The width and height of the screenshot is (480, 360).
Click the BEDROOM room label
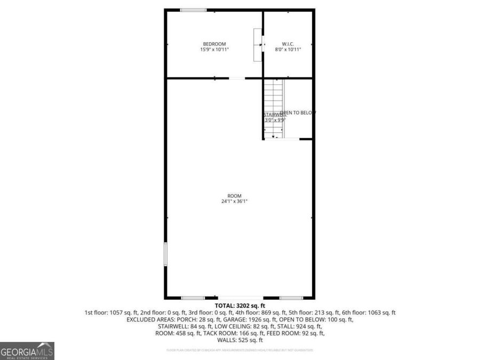[x=214, y=44]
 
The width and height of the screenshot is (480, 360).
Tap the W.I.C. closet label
[x=288, y=44]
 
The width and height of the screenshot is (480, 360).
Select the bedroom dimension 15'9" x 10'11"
[x=214, y=50]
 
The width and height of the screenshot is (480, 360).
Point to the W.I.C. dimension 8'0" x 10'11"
[x=288, y=50]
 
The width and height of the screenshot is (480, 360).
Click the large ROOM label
[x=235, y=196]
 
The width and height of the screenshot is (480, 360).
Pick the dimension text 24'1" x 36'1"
[x=235, y=202]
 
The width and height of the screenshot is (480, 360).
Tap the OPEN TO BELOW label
[x=298, y=113]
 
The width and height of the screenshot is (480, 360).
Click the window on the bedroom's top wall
[x=193, y=10]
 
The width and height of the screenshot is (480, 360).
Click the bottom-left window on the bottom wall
[x=193, y=298]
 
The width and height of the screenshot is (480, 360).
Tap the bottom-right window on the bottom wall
[x=291, y=298]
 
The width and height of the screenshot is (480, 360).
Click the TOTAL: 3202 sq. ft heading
[x=239, y=306]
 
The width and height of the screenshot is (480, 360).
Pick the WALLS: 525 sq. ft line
[x=239, y=340]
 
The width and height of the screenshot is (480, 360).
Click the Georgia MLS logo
[x=27, y=351]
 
